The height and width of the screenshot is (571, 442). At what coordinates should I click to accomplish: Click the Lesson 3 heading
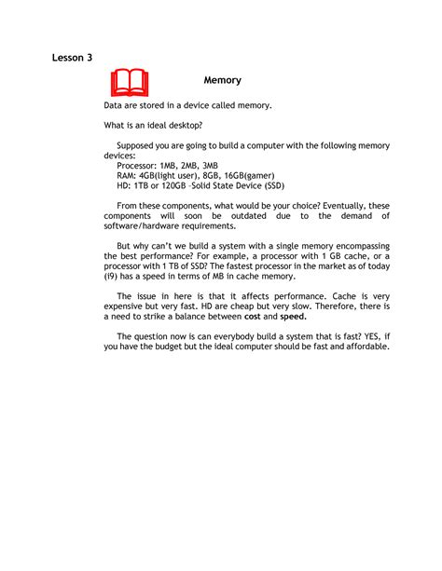72,58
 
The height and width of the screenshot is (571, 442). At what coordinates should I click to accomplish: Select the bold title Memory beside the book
223,81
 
